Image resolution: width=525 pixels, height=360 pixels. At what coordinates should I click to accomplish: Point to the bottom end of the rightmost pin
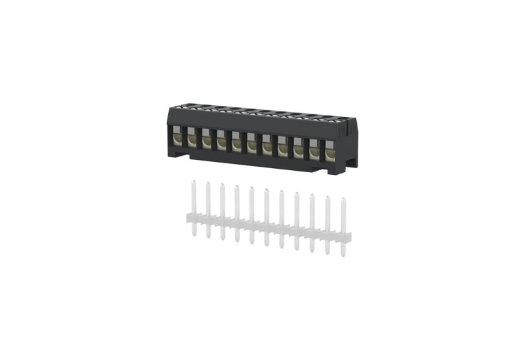(x=343, y=255)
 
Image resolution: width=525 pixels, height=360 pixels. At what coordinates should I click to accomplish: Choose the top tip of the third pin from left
(x=223, y=184)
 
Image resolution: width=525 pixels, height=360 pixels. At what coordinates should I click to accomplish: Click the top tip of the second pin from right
(x=327, y=197)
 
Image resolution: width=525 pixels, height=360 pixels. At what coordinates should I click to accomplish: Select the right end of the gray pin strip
(x=351, y=238)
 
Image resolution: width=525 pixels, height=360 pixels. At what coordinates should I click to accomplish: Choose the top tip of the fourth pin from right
(x=297, y=193)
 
